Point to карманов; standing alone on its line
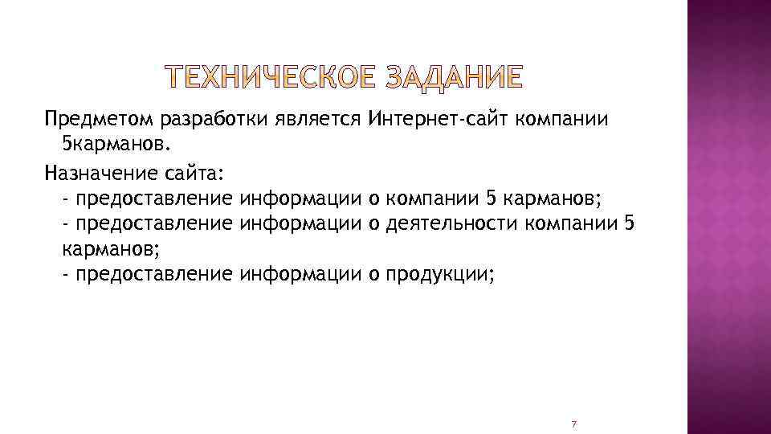102,248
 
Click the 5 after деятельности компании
629,223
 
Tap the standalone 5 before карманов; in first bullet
492,197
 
